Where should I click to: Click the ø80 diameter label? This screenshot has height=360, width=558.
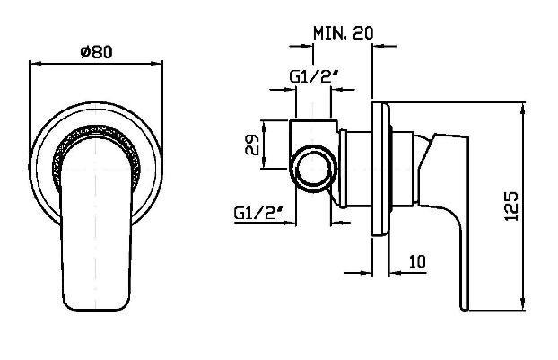pyautogui.click(x=96, y=52)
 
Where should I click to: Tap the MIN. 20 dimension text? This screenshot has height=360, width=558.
pyautogui.click(x=343, y=33)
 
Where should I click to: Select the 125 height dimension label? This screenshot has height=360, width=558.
pyautogui.click(x=511, y=206)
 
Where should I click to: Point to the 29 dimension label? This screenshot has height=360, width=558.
pyautogui.click(x=252, y=145)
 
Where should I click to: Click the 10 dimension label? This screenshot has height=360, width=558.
pyautogui.click(x=417, y=262)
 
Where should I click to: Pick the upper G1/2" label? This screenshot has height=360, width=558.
pyautogui.click(x=313, y=76)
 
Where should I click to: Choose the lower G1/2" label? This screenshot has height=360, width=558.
pyautogui.click(x=258, y=213)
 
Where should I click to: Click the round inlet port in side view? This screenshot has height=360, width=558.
pyautogui.click(x=313, y=169)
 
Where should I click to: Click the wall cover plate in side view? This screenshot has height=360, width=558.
pyautogui.click(x=380, y=169)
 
